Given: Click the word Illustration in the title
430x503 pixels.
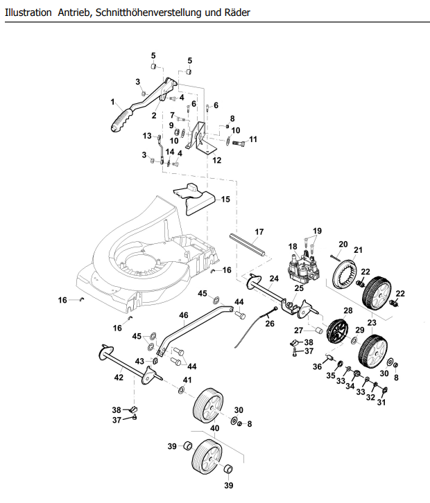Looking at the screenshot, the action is (x=28, y=12).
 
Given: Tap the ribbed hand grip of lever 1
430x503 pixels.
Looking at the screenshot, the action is (x=122, y=121).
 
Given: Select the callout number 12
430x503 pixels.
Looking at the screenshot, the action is (x=217, y=160).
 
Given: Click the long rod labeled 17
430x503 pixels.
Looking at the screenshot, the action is (x=248, y=245).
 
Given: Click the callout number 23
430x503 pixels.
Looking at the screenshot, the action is (x=372, y=322).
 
